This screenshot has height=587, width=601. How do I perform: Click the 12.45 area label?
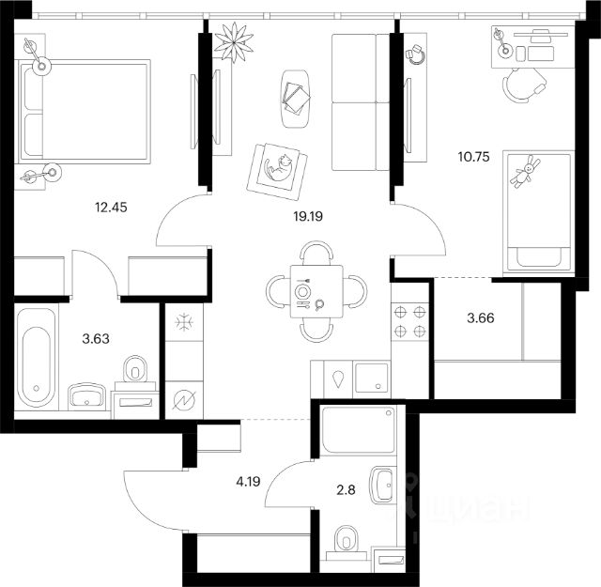[111, 208]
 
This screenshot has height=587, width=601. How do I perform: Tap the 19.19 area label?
[308, 217]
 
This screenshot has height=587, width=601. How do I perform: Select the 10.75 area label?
[473, 157]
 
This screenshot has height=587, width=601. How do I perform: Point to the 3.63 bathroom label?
[96, 338]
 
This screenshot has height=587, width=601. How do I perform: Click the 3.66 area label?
[481, 317]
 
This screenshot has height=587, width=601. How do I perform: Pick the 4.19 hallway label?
[248, 481]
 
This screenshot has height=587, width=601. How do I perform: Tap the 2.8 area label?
[346, 489]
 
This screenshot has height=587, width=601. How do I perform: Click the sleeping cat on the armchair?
[279, 167]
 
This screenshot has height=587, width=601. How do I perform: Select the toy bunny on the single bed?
[525, 171]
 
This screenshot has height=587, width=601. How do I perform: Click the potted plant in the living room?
[234, 41]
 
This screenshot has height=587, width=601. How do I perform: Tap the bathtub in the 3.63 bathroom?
[37, 358]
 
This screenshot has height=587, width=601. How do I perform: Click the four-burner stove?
[409, 321]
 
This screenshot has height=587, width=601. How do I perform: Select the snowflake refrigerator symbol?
[184, 322]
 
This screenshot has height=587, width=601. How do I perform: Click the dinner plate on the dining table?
[302, 292]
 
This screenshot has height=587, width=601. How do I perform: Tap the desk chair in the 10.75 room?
[524, 85]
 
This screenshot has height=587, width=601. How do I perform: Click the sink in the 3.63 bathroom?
[86, 395]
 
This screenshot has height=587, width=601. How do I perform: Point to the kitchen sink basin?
[372, 378]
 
